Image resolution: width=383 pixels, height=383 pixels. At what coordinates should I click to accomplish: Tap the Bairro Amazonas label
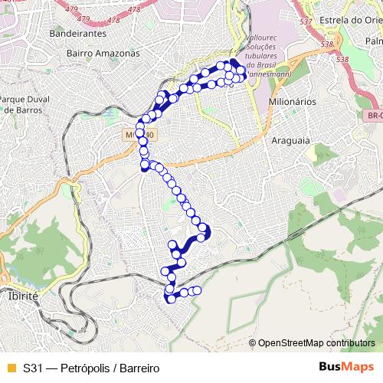103,54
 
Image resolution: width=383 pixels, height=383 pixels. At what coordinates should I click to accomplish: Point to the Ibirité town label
22,295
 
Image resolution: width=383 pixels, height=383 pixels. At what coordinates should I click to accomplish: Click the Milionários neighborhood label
293,101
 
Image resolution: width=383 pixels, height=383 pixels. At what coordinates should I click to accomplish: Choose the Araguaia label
290,141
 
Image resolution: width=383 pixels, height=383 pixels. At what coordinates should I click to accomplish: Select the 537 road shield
306,21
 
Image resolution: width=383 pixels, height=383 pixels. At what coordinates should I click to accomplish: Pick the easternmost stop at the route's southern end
197,290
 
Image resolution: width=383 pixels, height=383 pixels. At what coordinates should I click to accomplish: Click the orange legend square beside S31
10,368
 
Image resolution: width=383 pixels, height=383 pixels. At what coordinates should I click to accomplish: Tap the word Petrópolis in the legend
83,368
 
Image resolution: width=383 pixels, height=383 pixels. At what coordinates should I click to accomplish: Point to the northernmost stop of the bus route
233,63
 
